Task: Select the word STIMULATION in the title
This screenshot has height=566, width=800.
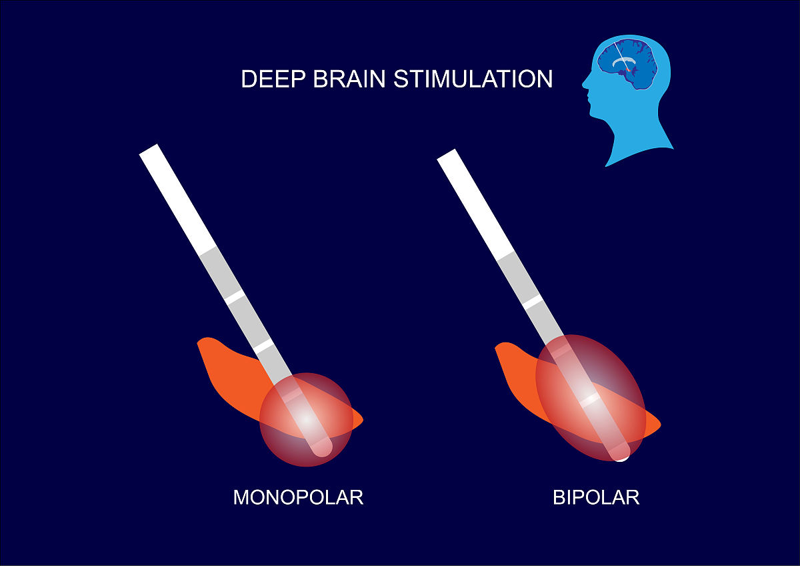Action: tap(473, 79)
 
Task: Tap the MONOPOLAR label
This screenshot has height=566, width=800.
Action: tap(298, 497)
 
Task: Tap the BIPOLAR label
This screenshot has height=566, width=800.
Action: tap(596, 497)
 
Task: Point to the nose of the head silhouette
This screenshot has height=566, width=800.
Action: tap(585, 85)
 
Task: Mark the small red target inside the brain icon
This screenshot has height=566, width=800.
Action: tap(628, 69)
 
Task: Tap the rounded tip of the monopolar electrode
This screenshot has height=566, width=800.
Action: tap(322, 449)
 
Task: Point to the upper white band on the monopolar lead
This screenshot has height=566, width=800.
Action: tap(234, 296)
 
